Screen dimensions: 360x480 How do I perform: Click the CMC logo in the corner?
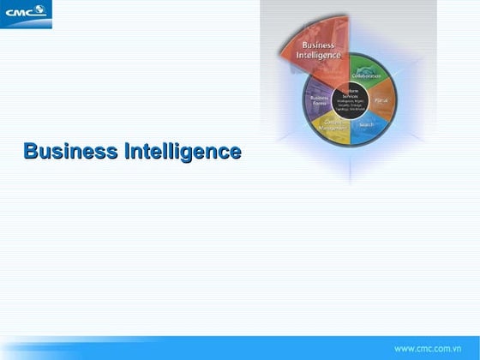point(27,14)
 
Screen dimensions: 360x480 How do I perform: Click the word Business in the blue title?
point(71,152)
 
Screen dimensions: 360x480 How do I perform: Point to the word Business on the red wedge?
point(318,45)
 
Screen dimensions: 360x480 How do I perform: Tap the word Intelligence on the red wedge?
point(318,56)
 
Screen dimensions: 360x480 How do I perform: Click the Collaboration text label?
point(367,76)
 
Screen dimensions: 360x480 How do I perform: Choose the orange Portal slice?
point(382,100)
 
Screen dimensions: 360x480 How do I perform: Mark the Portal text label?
point(383,100)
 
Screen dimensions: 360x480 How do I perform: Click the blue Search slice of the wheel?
point(367,127)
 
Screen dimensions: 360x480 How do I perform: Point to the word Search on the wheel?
point(367,125)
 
